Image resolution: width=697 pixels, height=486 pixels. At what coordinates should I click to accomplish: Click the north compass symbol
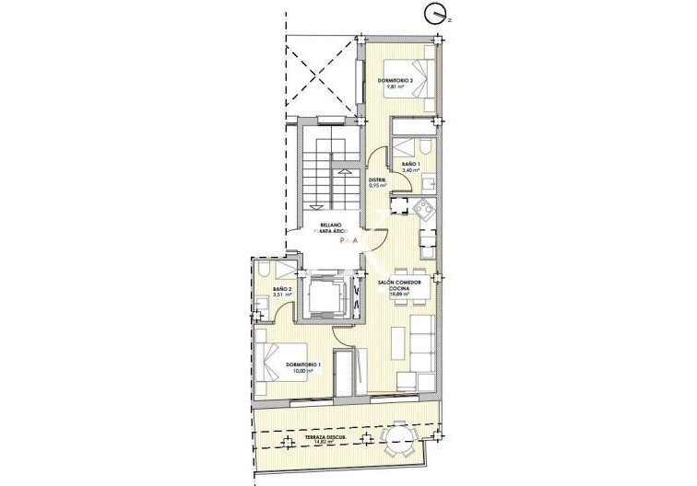(x=435, y=13)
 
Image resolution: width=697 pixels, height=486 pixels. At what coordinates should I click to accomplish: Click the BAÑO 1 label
(x=410, y=164)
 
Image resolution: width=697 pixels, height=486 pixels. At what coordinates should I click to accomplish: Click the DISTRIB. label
(x=377, y=179)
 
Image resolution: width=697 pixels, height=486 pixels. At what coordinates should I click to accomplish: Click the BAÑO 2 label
(x=281, y=290)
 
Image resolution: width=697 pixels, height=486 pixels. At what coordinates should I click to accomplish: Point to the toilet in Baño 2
(x=265, y=272)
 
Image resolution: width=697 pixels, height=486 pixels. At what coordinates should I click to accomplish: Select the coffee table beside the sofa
(x=398, y=343)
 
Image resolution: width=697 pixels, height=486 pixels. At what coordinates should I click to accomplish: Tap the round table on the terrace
(x=398, y=435)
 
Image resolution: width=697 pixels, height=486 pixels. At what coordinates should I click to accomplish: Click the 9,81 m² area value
(x=396, y=89)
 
